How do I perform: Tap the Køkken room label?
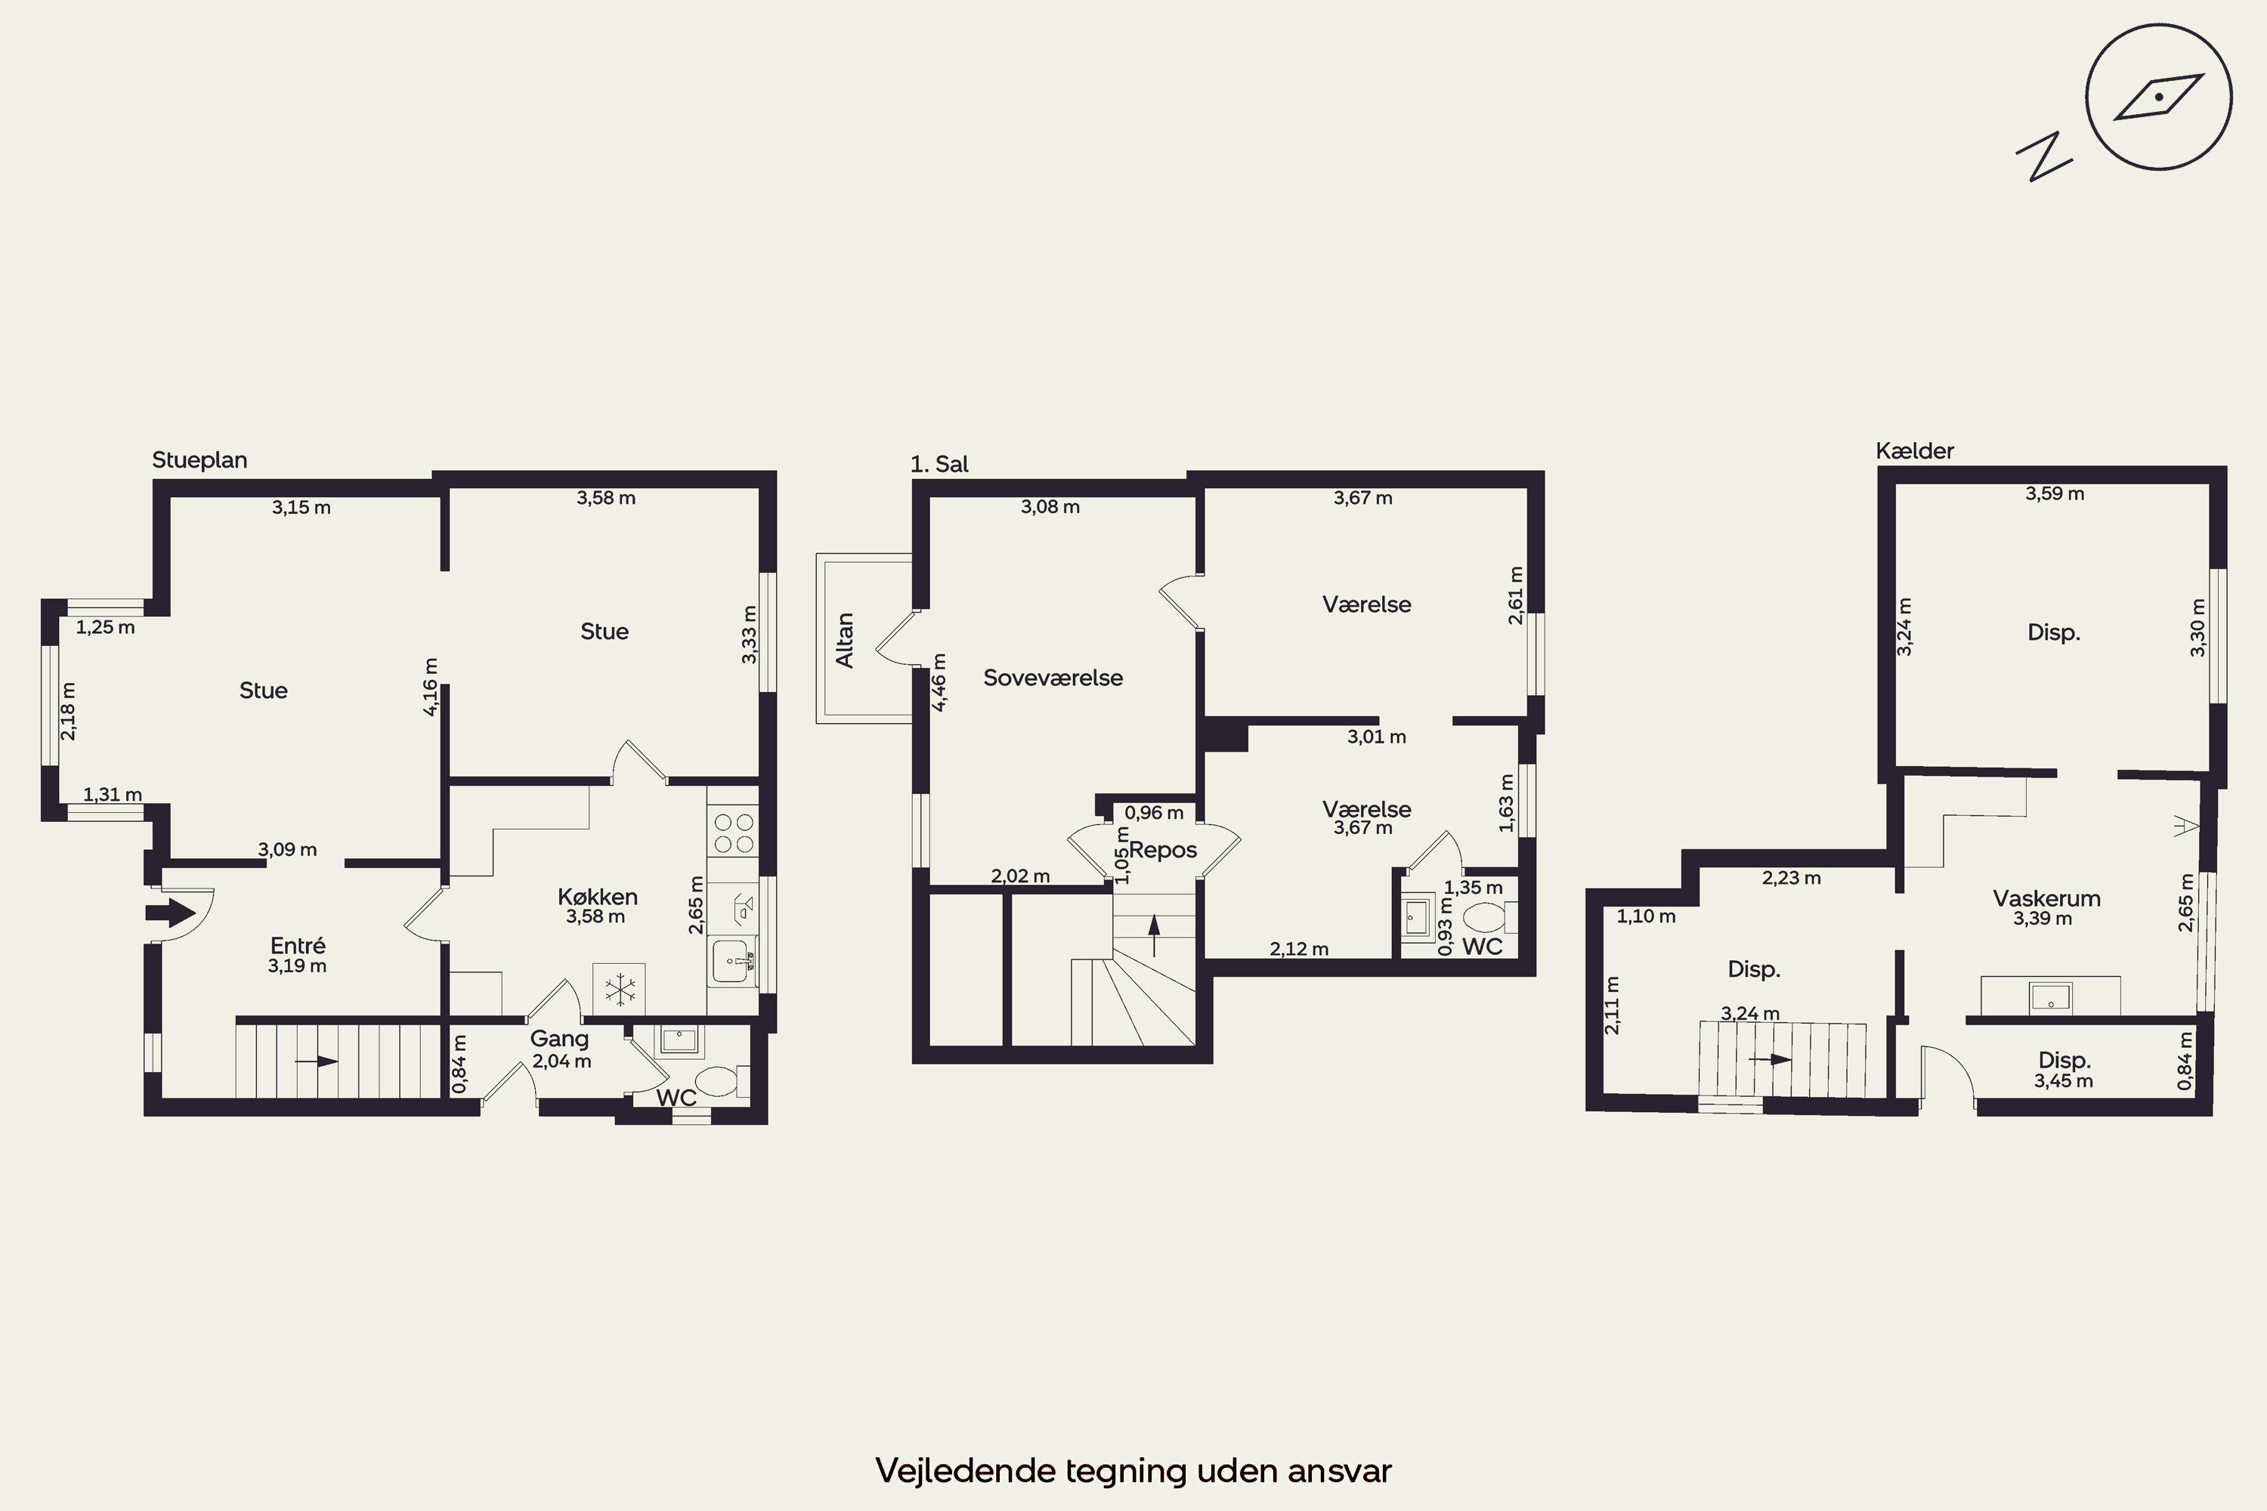(x=598, y=896)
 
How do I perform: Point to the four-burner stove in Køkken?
(x=732, y=832)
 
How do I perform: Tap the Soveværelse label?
(x=1053, y=678)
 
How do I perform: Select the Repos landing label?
(x=1164, y=850)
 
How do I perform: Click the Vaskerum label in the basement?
(x=2046, y=899)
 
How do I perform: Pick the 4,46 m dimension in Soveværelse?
(x=939, y=682)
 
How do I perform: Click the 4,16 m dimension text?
(x=431, y=686)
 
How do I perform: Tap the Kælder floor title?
(x=1914, y=451)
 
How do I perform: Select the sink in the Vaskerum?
(x=2050, y=997)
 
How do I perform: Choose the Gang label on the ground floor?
(x=559, y=1039)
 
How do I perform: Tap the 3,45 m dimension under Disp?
(x=2064, y=1081)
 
